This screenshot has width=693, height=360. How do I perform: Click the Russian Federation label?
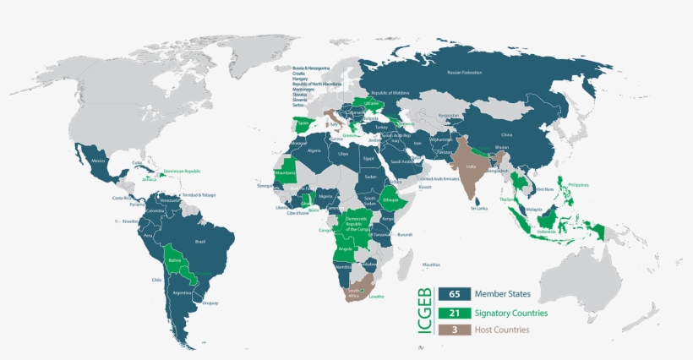click(x=465, y=73)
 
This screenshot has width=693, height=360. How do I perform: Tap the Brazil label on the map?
click(x=200, y=242)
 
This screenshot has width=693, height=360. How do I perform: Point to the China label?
click(x=507, y=134)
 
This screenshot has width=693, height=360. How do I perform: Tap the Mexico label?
click(x=98, y=161)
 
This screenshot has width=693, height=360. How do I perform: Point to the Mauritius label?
click(x=432, y=265)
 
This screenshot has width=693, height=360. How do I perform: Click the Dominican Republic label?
click(x=184, y=171)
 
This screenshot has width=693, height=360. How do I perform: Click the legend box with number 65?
click(x=454, y=295)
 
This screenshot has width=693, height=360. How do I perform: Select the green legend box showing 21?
click(x=454, y=313)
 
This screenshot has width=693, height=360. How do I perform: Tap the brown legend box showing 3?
click(x=454, y=330)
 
